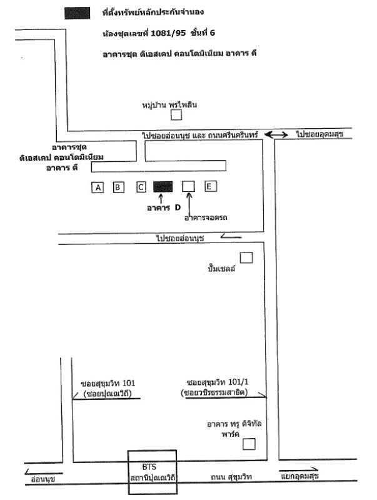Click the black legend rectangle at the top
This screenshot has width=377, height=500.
coord(76,12)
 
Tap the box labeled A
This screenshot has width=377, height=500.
coord(97,186)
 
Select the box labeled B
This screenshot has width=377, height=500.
coord(118,186)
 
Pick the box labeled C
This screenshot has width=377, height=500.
coord(141,186)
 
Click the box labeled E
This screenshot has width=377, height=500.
coord(211,186)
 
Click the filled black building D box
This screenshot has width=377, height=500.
coord(163,186)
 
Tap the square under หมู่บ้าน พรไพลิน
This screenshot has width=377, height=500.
coord(177,114)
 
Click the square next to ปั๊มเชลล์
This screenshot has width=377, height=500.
coord(246,257)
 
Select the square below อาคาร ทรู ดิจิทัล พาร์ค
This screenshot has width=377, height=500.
coord(249,444)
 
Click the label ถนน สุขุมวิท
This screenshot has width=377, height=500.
coord(232,477)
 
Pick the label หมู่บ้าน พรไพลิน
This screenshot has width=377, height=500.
coord(169,104)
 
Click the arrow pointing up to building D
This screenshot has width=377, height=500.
coord(161,199)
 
